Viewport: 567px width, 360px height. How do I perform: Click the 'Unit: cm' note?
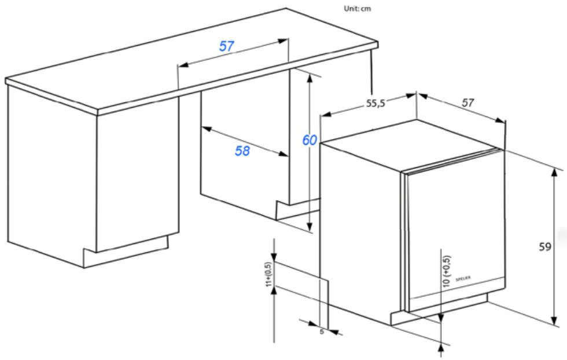coord(357,9)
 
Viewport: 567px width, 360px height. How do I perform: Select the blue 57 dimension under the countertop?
coord(226,46)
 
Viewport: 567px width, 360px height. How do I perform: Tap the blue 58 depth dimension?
coord(242,150)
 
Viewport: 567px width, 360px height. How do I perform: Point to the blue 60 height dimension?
coord(309,140)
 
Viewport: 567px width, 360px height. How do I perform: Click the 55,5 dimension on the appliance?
coord(375,104)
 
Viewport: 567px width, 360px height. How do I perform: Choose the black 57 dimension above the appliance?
coord(467,102)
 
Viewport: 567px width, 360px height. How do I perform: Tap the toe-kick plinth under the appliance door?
coord(440,310)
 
